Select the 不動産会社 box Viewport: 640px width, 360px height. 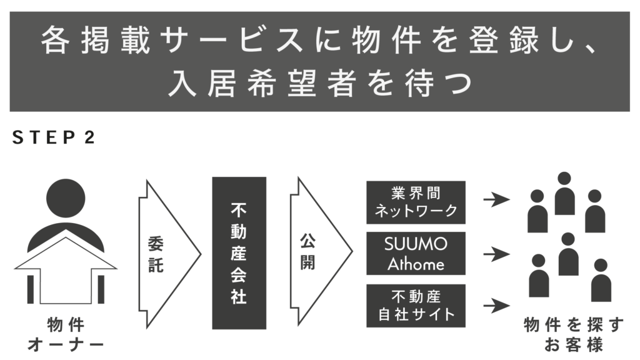click(x=239, y=252)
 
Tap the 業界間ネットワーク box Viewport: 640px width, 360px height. click(x=416, y=202)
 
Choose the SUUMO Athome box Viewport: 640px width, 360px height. click(x=416, y=253)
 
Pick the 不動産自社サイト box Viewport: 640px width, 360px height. click(x=416, y=304)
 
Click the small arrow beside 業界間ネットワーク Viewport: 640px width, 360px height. click(x=497, y=201)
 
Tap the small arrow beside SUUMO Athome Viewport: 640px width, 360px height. click(x=497, y=254)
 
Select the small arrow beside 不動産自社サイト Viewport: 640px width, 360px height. click(x=497, y=306)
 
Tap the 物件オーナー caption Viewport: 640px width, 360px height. click(x=66, y=335)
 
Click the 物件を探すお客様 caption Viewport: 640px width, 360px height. click(x=573, y=335)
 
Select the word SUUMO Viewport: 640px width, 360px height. click(x=416, y=244)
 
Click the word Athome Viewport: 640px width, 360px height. click(x=416, y=264)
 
